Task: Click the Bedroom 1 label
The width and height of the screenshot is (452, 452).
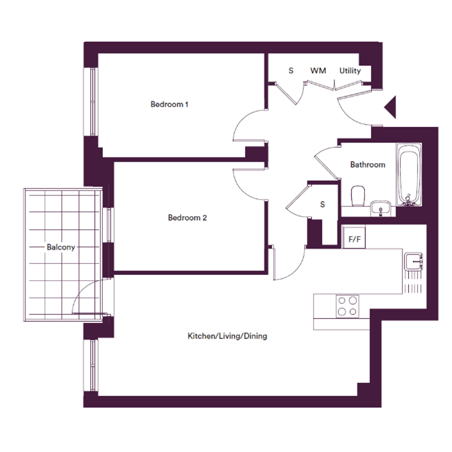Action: tap(169, 104)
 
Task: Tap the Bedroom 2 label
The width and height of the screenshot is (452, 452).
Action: tap(187, 218)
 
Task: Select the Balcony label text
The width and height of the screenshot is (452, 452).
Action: tap(61, 247)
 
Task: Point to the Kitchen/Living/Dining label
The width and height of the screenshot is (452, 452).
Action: tap(227, 336)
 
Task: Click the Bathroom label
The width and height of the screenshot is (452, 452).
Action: tap(367, 165)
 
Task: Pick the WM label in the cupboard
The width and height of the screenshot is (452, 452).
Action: tap(318, 71)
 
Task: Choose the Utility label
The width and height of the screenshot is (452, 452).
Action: tap(350, 71)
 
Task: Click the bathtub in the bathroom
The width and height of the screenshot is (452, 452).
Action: tap(409, 175)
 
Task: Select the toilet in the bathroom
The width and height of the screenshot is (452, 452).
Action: tap(358, 196)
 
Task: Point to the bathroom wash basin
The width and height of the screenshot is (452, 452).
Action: tap(381, 208)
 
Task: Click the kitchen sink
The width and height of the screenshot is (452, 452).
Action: tap(413, 262)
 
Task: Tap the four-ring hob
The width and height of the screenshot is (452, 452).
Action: tap(347, 306)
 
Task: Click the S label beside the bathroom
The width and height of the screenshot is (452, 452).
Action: tap(322, 204)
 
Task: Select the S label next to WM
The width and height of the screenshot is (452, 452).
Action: tap(291, 71)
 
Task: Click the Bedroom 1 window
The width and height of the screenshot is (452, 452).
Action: tap(91, 101)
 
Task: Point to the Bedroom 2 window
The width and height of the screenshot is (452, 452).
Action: tap(109, 225)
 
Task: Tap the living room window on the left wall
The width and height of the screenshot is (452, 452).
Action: tap(91, 365)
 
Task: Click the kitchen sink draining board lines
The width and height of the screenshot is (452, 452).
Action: tap(413, 283)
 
